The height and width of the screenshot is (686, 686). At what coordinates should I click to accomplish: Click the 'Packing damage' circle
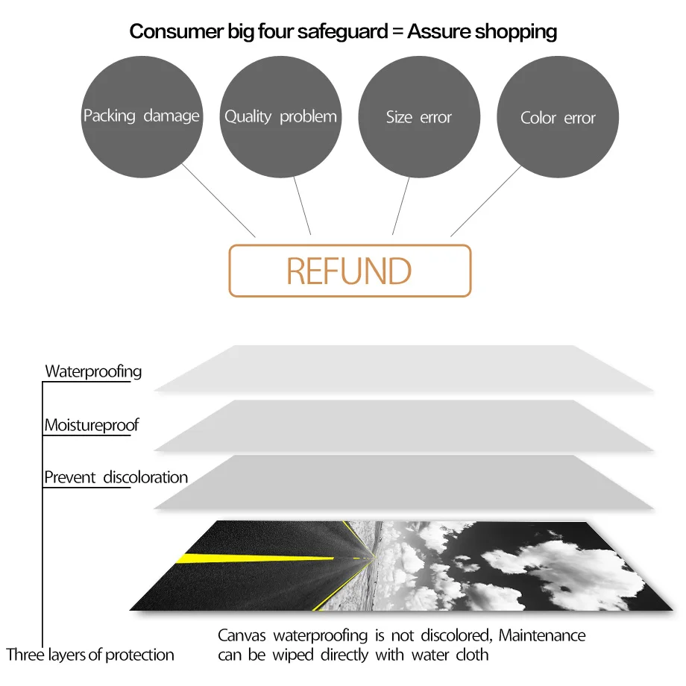(141, 116)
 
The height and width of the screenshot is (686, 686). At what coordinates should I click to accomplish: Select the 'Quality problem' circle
(280, 117)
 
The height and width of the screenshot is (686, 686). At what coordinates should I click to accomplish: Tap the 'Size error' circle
(419, 117)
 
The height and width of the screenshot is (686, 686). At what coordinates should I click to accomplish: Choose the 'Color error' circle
(558, 118)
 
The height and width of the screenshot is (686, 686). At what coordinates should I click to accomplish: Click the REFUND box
(350, 271)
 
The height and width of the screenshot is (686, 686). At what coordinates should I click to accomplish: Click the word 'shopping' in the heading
(516, 31)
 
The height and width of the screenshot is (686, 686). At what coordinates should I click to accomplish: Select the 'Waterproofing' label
(93, 371)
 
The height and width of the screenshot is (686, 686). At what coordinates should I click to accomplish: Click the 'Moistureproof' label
(92, 426)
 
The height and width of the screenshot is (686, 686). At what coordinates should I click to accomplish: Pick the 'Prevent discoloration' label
(116, 477)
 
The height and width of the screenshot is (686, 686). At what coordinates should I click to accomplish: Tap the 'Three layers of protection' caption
(90, 655)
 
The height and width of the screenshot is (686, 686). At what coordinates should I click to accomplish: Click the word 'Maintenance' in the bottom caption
(542, 636)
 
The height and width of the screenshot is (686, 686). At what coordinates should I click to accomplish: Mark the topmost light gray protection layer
(403, 368)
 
